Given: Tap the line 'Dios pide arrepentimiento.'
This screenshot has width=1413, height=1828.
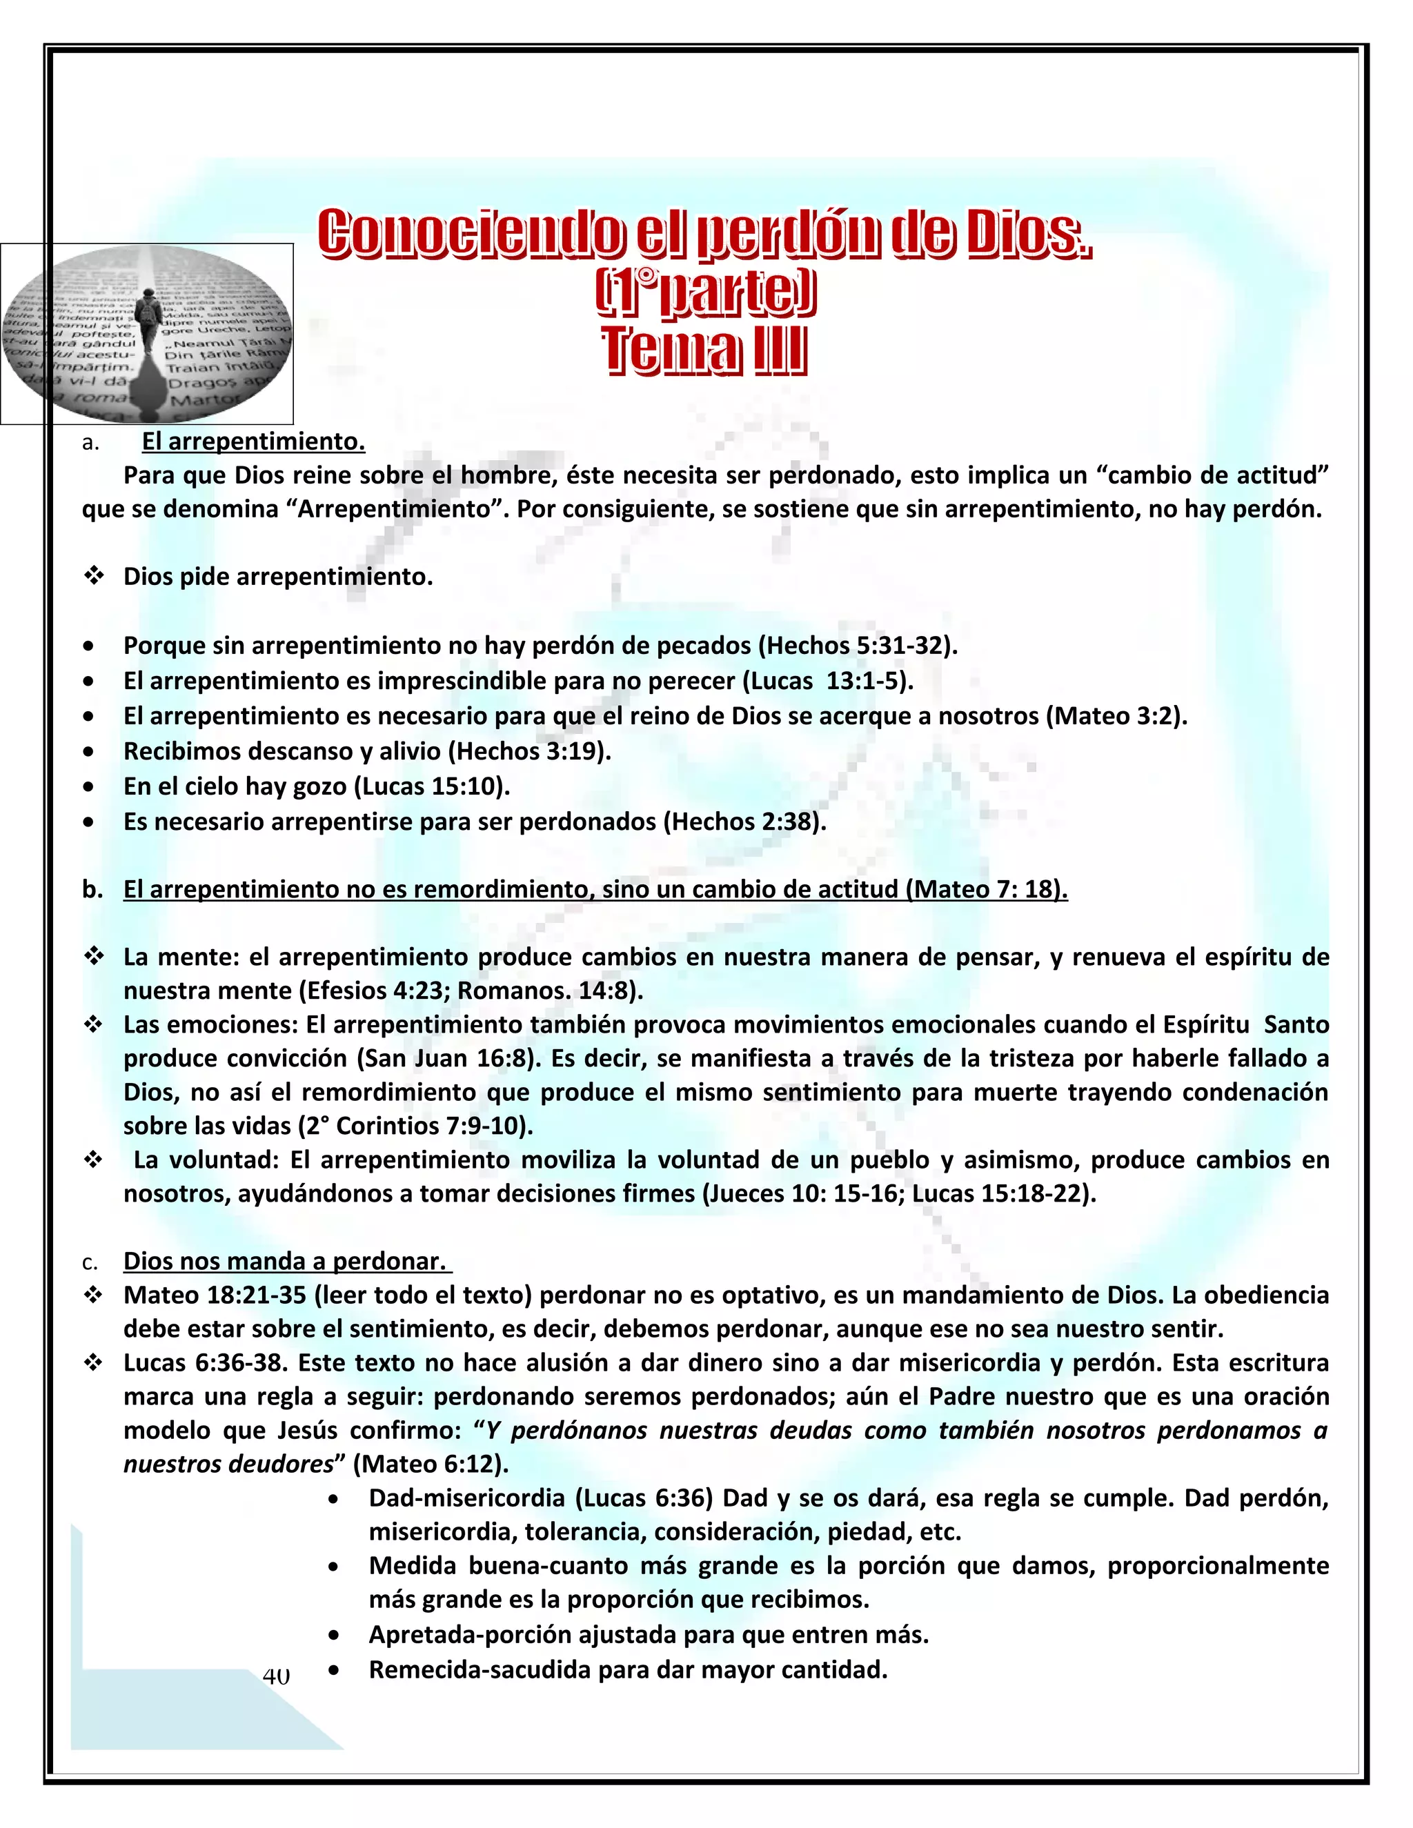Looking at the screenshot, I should [278, 577].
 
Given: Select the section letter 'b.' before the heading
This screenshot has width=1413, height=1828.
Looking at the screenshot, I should [92, 889].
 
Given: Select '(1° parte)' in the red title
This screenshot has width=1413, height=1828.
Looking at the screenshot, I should [705, 295].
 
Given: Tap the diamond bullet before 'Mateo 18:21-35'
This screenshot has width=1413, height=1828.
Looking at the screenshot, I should [93, 1295].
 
